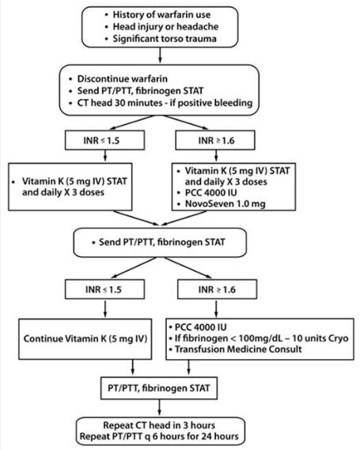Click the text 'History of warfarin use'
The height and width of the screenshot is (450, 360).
click(x=161, y=14)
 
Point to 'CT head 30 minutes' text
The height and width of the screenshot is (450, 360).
click(x=119, y=103)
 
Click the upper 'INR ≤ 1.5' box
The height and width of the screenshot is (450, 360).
click(x=104, y=140)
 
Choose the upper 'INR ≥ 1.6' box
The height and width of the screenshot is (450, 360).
click(x=215, y=140)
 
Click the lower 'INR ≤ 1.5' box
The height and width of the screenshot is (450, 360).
click(x=104, y=289)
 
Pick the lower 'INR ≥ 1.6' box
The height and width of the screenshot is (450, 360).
click(x=217, y=289)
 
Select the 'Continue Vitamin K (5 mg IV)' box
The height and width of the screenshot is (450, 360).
click(x=85, y=339)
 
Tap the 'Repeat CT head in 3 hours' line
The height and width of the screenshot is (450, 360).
click(x=159, y=425)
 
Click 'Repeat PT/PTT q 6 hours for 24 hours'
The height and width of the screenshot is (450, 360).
click(x=159, y=437)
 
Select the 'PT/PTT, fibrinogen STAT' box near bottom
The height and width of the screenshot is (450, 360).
click(x=159, y=388)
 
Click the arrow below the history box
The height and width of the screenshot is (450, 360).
click(x=160, y=55)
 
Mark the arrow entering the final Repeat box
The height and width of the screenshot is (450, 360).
click(x=159, y=408)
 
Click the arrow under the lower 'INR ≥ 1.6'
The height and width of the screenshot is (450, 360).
click(x=216, y=308)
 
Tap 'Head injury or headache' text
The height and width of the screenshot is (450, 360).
click(x=165, y=26)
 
